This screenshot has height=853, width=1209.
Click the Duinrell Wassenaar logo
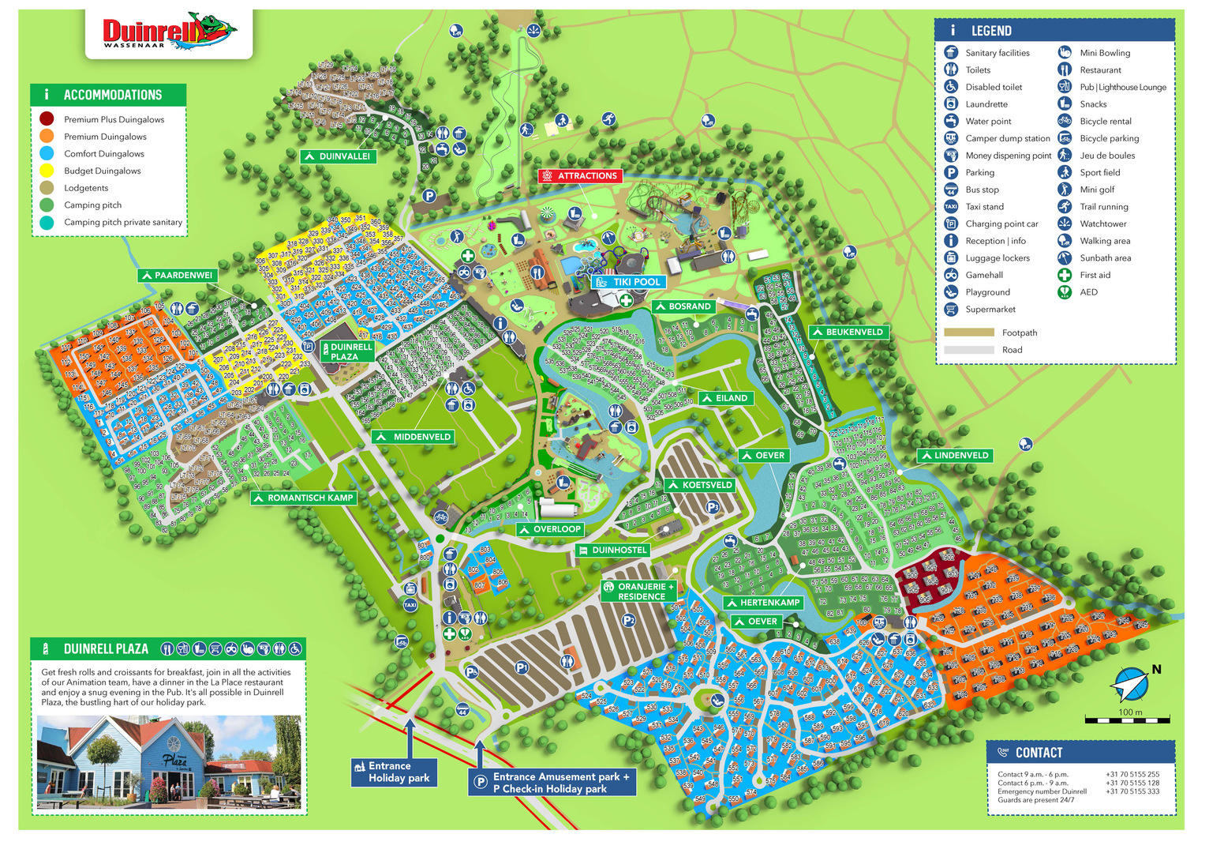[169, 33]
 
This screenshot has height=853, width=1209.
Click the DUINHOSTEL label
[612, 551]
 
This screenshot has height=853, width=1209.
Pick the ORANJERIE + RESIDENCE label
[639, 592]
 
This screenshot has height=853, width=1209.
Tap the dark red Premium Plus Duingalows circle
[47, 119]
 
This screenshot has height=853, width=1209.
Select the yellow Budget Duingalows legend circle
[47, 171]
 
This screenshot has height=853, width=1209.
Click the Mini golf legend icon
[1065, 190]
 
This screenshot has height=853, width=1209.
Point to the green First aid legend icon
[1065, 275]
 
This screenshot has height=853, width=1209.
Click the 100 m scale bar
[1128, 720]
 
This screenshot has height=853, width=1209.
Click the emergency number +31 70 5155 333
[1132, 791]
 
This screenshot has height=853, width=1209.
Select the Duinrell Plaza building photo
[169, 762]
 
